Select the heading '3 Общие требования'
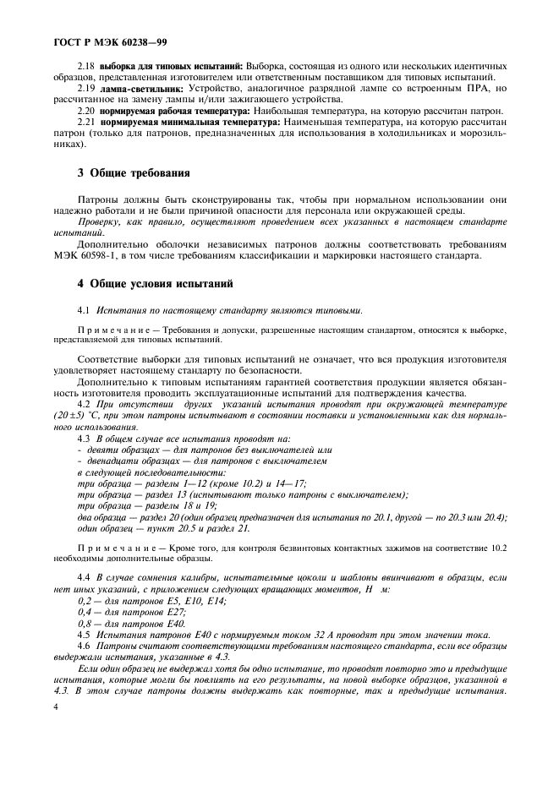point(134,173)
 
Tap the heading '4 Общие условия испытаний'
point(155,283)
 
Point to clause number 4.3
point(85,439)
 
